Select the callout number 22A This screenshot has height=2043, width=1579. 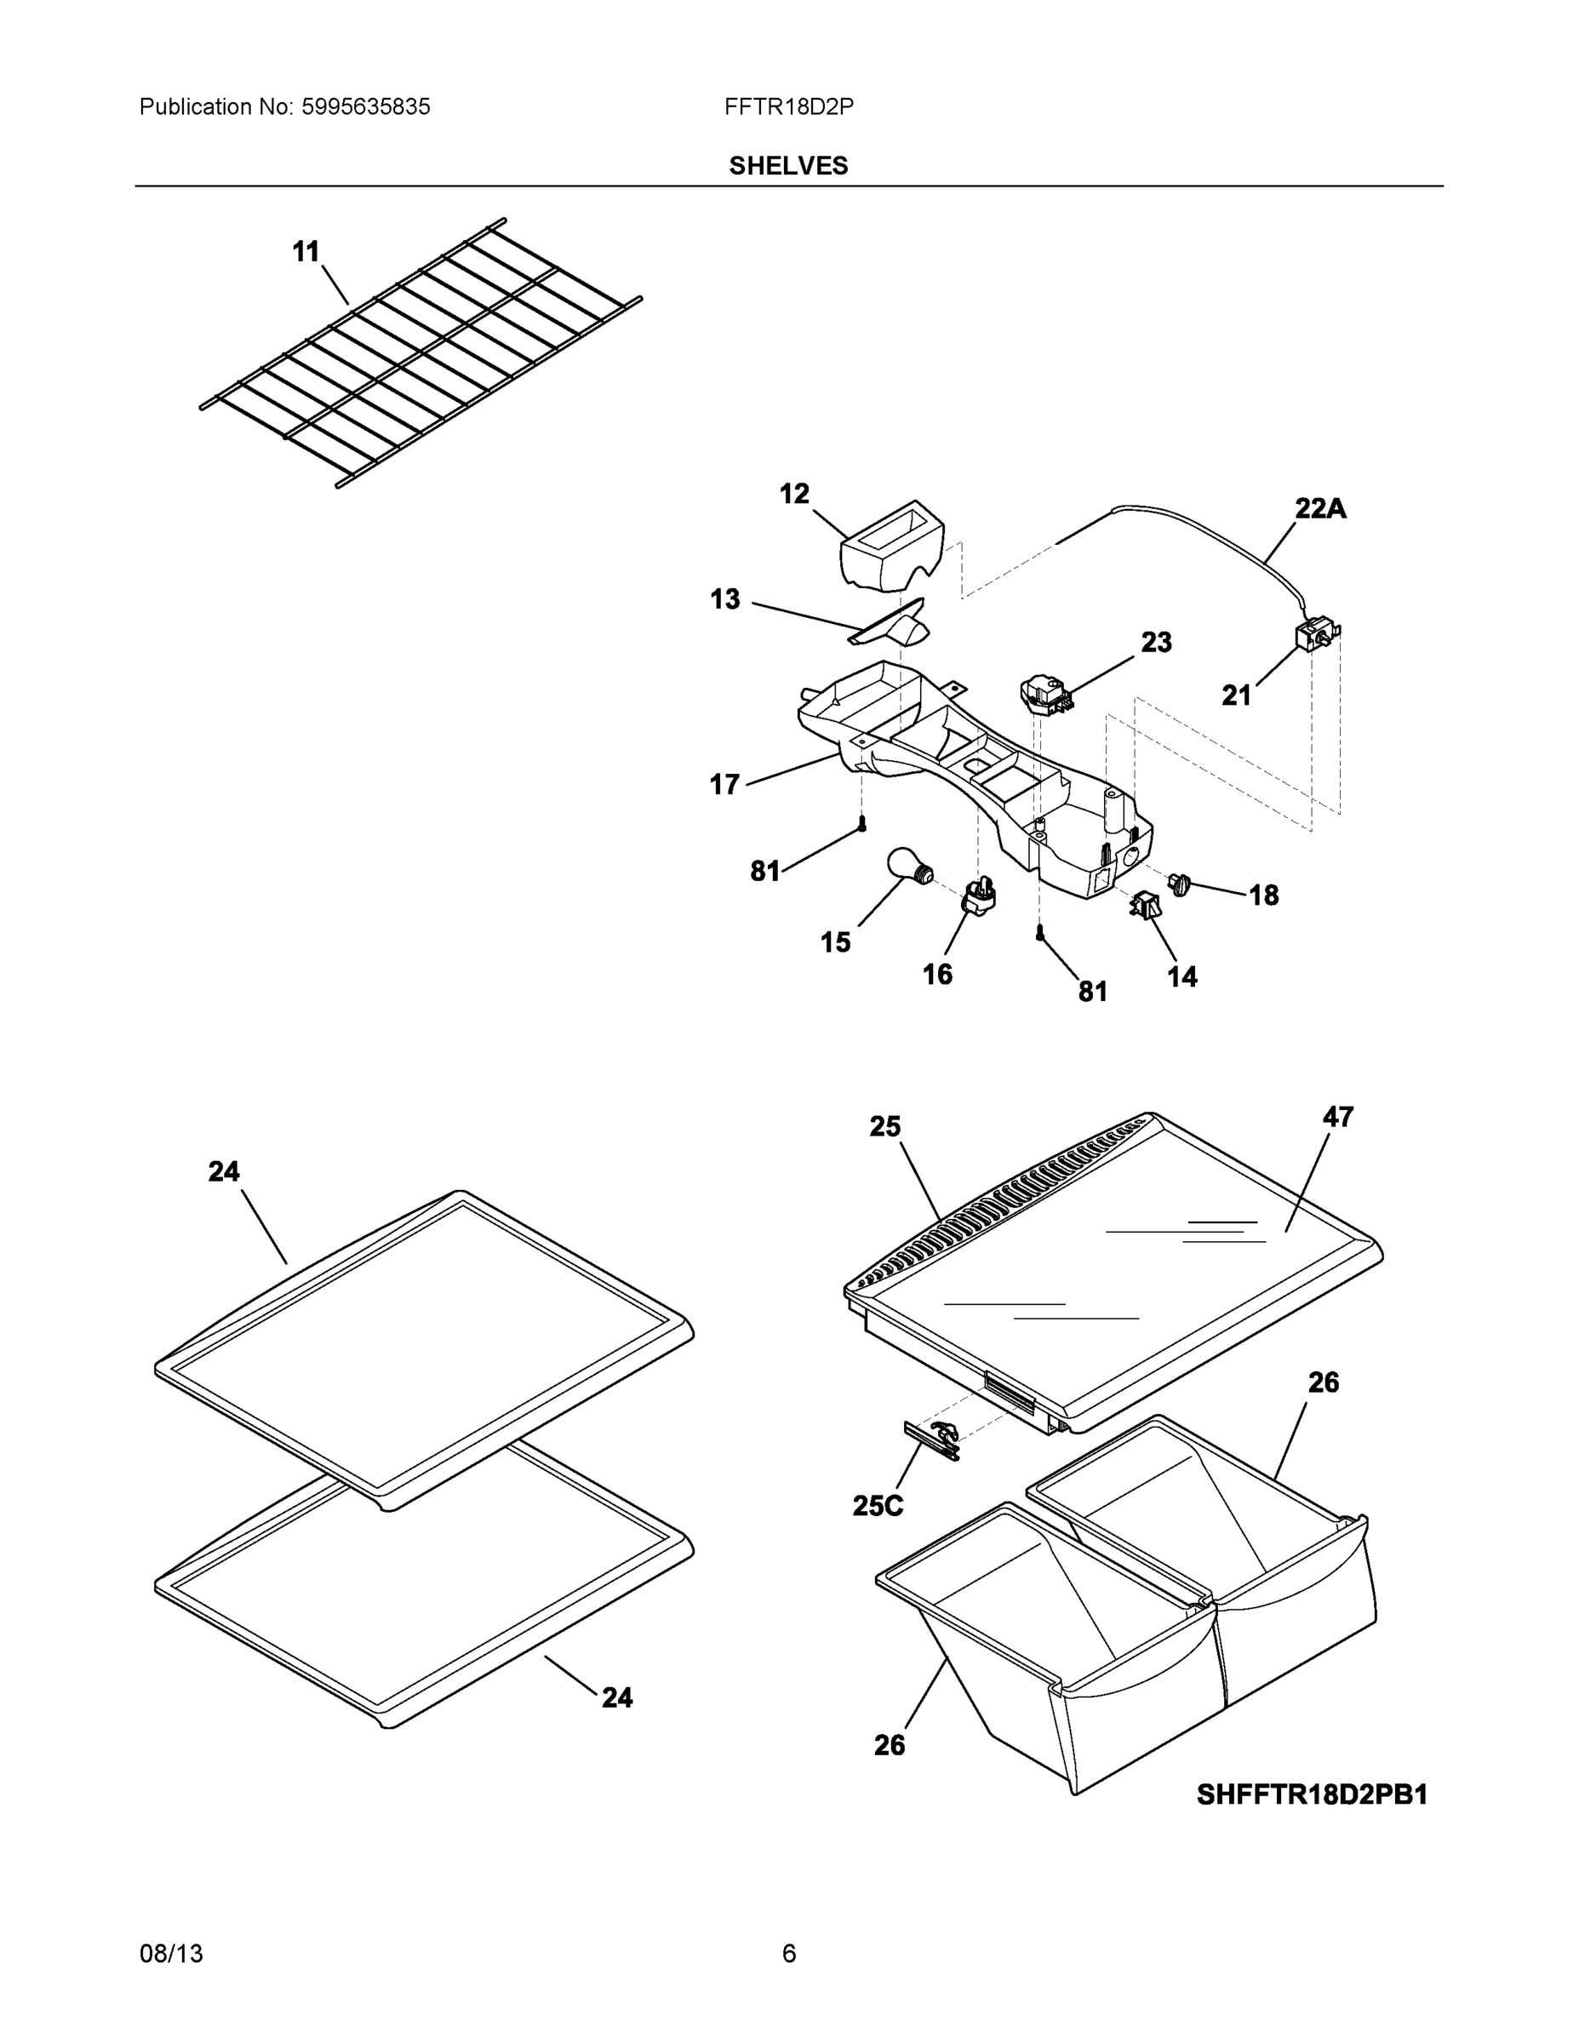point(1320,509)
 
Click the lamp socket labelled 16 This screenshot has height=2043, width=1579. point(977,898)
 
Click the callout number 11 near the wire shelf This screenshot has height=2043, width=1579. point(306,252)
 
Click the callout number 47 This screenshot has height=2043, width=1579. point(1337,1117)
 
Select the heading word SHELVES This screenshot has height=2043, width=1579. point(788,166)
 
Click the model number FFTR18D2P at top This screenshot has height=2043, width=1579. point(788,107)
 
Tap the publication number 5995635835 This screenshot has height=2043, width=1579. point(366,107)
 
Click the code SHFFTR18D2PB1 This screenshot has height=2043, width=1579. point(1312,1795)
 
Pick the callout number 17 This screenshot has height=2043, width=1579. point(725,784)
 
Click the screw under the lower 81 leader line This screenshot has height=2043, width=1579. point(1039,932)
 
